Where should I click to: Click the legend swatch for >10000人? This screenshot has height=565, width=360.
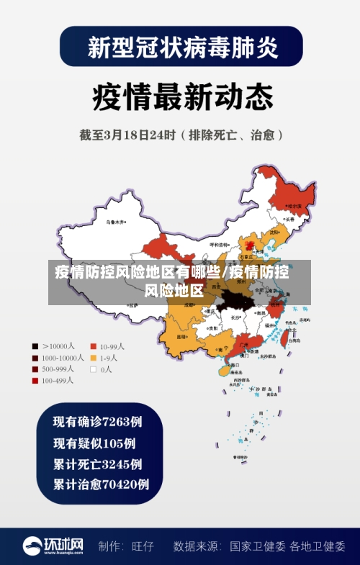pyautogui.click(x=35, y=345)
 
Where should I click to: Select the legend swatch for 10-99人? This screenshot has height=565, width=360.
pyautogui.click(x=93, y=345)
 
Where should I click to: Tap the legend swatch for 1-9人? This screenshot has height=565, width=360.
pyautogui.click(x=93, y=358)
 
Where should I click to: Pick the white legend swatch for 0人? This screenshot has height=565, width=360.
pyautogui.click(x=93, y=369)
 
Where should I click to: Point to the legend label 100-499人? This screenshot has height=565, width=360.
pyautogui.click(x=58, y=381)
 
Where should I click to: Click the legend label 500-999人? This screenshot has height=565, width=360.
pyautogui.click(x=58, y=369)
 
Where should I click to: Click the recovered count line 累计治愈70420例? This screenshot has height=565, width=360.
pyautogui.click(x=101, y=484)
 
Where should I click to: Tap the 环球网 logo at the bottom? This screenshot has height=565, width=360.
pyautogui.click(x=53, y=546)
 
